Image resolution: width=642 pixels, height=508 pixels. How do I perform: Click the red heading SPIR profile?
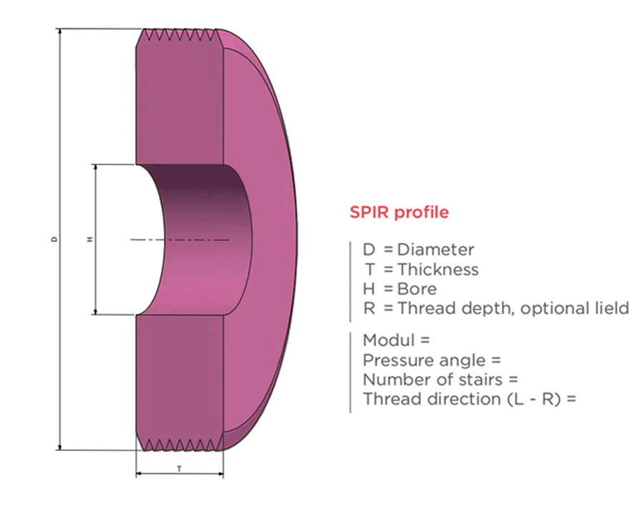(399, 212)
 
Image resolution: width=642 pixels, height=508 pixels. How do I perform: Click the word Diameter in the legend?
(435, 249)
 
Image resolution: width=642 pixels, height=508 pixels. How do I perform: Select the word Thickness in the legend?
(438, 269)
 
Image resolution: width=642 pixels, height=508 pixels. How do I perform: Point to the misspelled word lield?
(610, 308)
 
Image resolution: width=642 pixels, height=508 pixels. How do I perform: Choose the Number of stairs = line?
(440, 379)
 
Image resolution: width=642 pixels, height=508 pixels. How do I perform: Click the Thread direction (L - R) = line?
(469, 399)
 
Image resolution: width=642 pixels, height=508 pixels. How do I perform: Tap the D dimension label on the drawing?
(54, 239)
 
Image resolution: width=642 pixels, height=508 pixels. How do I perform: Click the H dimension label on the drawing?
(89, 239)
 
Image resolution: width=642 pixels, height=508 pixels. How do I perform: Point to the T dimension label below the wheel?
(179, 468)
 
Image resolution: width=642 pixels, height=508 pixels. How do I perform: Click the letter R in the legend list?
(369, 308)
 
